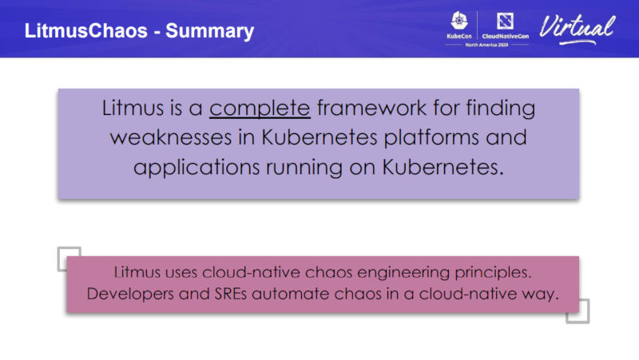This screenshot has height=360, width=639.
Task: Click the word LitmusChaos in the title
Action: click(x=86, y=31)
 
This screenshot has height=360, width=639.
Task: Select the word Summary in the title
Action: click(x=209, y=32)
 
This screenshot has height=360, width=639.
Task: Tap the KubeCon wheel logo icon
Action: click(x=459, y=21)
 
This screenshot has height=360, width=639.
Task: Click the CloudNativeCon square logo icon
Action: click(x=505, y=21)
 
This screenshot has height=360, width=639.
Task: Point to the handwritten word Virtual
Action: click(x=577, y=28)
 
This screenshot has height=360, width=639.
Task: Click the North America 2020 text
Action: click(x=486, y=45)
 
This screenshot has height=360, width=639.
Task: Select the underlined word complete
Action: click(x=260, y=109)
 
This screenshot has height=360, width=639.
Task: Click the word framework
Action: click(x=371, y=108)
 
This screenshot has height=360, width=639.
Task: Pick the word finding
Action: click(x=501, y=109)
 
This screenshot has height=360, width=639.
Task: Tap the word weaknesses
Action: click(x=171, y=137)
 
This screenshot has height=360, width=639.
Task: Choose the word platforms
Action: click(x=431, y=137)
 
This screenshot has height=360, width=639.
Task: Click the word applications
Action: click(x=196, y=168)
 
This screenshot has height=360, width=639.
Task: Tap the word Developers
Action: click(x=130, y=294)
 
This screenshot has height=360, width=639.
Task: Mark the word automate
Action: click(x=291, y=294)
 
